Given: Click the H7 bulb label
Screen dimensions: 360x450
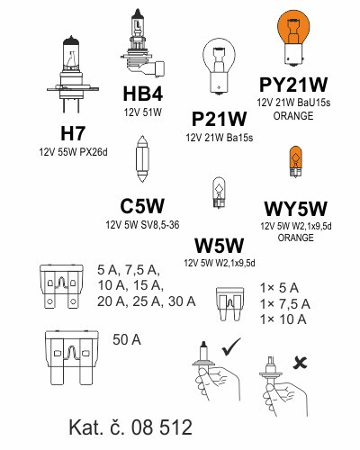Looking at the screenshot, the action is (x=73, y=133).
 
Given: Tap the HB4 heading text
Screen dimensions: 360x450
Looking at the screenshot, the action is (x=143, y=94).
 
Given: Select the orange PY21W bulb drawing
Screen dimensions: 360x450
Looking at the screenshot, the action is (x=293, y=39).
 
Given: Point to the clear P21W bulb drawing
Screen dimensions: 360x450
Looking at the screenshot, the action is (x=220, y=67).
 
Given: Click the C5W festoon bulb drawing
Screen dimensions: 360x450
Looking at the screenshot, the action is (x=142, y=159).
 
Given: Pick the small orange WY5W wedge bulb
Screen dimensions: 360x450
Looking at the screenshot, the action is (x=295, y=161).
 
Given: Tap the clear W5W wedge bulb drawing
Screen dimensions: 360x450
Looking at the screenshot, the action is (x=219, y=193).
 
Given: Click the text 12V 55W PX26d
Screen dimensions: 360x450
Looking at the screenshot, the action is (x=73, y=152).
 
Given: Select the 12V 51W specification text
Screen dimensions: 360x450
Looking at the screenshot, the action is (x=143, y=112).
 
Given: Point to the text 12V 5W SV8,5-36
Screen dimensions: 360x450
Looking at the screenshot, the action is (x=142, y=225).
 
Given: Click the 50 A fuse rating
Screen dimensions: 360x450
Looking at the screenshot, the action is (x=127, y=340).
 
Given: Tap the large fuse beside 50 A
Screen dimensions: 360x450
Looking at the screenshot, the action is (x=72, y=357).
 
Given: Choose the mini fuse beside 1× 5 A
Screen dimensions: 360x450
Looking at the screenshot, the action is (x=230, y=304).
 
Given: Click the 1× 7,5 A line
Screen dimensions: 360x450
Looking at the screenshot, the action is (x=284, y=304).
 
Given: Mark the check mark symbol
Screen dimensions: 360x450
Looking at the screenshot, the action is (x=231, y=346).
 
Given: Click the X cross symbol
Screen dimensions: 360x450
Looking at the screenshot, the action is (x=300, y=363).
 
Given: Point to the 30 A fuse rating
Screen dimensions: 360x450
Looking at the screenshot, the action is (x=182, y=301).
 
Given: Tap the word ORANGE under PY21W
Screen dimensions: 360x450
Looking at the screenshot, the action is (x=293, y=116).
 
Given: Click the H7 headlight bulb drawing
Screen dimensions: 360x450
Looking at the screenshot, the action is (x=73, y=75).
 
